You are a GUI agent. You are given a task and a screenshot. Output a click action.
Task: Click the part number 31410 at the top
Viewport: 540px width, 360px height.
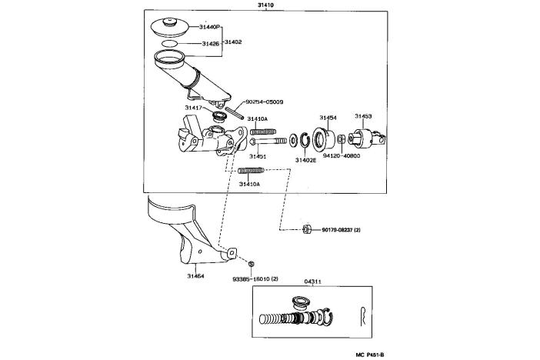click(266, 5)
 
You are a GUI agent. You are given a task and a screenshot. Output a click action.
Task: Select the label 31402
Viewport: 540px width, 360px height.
click(233, 42)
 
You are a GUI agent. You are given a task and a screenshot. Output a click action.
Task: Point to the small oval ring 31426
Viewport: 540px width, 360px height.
click(169, 43)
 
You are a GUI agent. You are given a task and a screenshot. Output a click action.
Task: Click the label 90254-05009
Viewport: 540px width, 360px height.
click(264, 102)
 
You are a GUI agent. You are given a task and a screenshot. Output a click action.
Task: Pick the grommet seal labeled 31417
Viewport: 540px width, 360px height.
click(218, 116)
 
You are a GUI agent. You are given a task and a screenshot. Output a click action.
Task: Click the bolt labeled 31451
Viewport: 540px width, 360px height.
click(268, 141)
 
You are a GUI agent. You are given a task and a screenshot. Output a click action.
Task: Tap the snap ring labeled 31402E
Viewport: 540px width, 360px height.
click(305, 141)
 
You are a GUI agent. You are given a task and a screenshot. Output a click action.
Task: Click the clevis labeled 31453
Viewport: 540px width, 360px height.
click(367, 138)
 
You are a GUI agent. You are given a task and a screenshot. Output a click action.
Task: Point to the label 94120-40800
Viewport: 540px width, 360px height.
click(342, 155)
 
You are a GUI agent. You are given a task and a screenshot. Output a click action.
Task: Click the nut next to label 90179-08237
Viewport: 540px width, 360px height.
click(306, 229)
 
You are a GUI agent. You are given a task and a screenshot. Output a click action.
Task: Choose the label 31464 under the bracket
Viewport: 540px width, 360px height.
click(195, 276)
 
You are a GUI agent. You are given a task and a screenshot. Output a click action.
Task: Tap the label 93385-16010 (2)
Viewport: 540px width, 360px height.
click(255, 278)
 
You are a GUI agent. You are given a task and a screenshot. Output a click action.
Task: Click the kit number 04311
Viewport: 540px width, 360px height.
click(313, 282)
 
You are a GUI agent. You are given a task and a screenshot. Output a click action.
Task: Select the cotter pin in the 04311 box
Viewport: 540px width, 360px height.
click(363, 316)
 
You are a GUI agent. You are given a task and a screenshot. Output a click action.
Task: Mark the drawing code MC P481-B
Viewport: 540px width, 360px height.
click(369, 355)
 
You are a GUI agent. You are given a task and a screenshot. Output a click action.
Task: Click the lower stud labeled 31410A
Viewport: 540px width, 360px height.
click(251, 170)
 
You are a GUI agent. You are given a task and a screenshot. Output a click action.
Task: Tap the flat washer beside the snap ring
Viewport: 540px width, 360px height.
click(294, 140)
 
